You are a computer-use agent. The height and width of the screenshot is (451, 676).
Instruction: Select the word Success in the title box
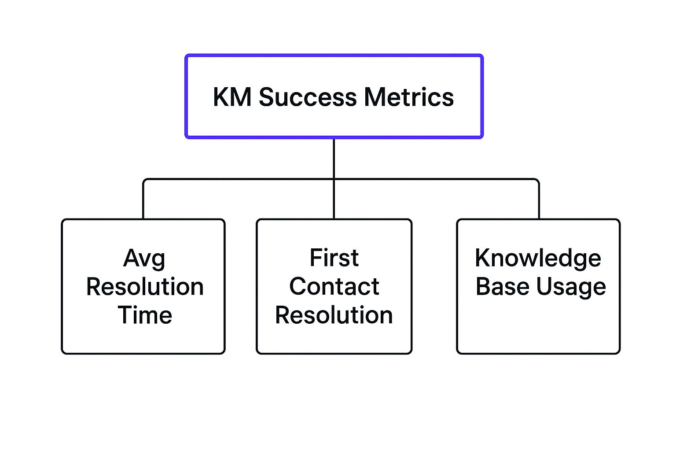click(x=307, y=97)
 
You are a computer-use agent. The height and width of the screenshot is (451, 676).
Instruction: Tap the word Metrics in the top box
click(x=409, y=97)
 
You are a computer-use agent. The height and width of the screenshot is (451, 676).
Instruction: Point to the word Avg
click(x=144, y=259)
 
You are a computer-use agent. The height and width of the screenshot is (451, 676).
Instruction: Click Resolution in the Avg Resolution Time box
click(x=145, y=287)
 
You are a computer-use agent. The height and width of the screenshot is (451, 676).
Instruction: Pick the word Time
click(x=145, y=315)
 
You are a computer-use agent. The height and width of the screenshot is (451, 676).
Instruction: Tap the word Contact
click(x=334, y=287)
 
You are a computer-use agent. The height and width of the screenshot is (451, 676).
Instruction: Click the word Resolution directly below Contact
click(x=334, y=315)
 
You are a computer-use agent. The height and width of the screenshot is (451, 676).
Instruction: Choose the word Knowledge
click(x=538, y=258)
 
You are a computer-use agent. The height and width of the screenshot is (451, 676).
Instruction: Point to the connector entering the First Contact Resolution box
click(x=334, y=200)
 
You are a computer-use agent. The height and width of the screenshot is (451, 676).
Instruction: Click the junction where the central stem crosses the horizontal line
click(x=334, y=179)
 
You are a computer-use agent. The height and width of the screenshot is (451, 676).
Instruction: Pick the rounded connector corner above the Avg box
click(x=145, y=181)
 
